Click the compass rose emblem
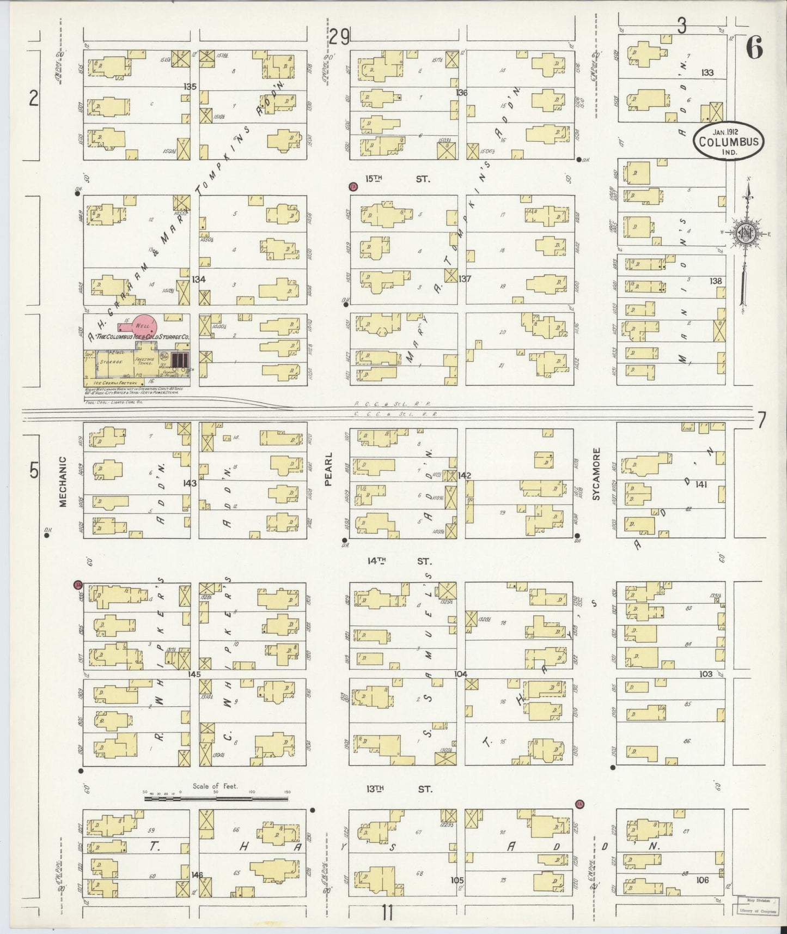click(x=745, y=233)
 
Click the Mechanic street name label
click(x=62, y=482)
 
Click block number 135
click(x=190, y=87)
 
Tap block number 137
click(x=464, y=279)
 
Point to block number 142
click(x=464, y=475)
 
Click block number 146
click(x=197, y=875)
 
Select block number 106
click(x=702, y=880)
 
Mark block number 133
click(x=707, y=72)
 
